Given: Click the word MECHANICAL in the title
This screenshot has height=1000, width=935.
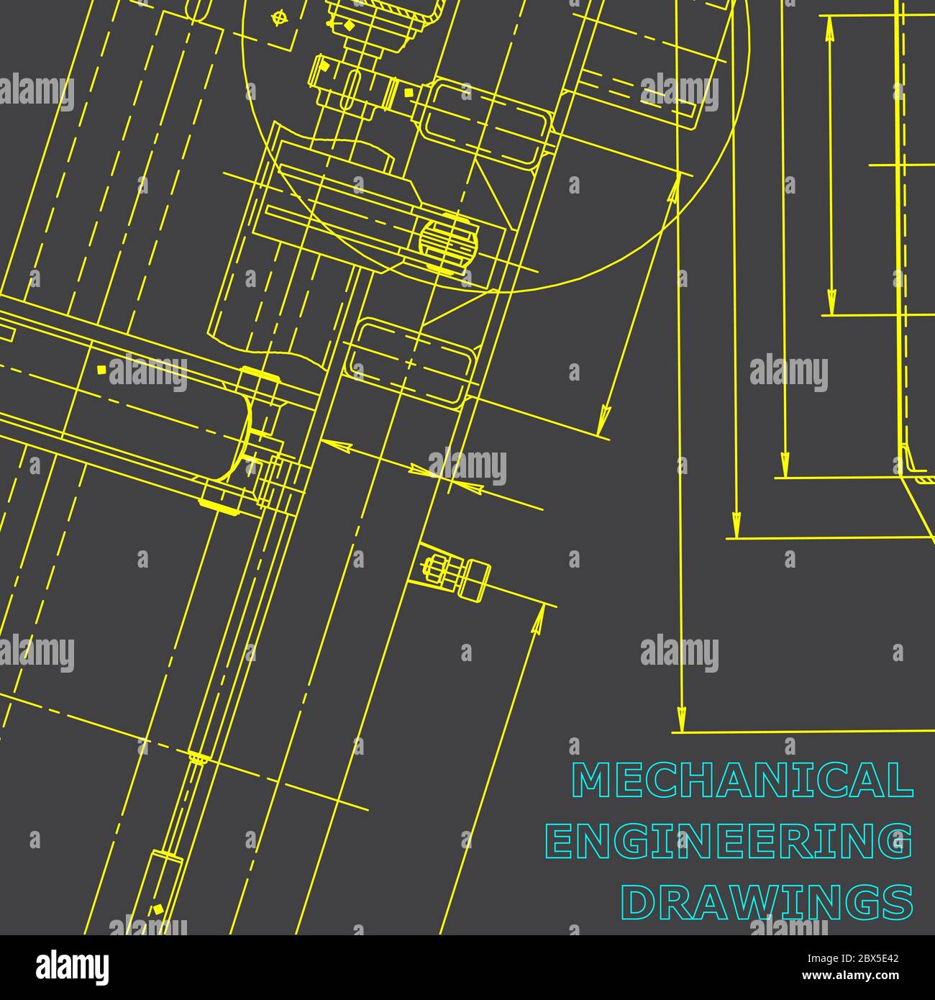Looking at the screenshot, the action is pos(742,780).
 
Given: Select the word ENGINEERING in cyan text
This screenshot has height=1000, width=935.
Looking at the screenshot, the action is pos(729,841).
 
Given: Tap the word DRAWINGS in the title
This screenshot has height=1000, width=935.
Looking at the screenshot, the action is pos(767,902).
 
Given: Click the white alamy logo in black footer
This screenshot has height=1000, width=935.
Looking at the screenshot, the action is pos(73,968).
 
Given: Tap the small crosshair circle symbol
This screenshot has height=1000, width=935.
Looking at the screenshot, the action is pos(278,19).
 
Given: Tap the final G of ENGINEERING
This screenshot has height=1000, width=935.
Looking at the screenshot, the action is pos(896,841).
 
